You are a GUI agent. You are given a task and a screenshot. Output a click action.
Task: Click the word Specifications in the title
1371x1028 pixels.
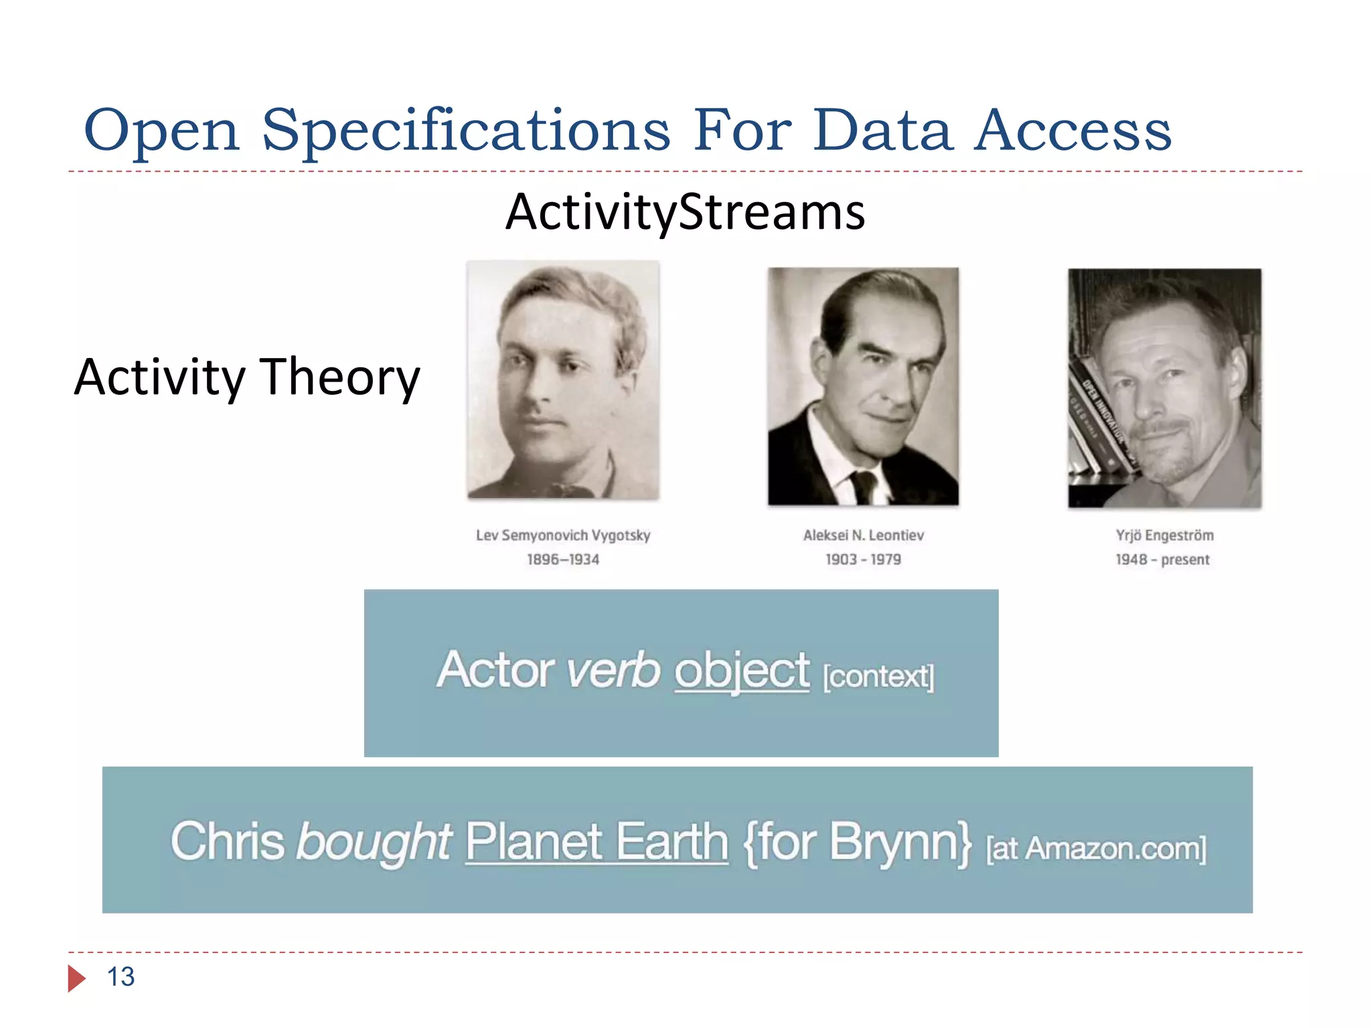(465, 131)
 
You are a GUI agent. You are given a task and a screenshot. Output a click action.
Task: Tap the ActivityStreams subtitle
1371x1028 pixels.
(685, 212)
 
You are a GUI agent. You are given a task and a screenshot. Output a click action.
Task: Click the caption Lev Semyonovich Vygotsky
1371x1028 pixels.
(563, 535)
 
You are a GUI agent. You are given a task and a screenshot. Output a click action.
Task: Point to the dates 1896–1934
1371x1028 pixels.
(563, 560)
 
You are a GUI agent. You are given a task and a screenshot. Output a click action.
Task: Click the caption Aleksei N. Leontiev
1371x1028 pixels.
(863, 535)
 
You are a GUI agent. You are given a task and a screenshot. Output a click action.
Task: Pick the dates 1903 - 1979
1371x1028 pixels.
(863, 560)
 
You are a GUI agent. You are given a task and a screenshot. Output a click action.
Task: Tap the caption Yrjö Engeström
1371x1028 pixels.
(1164, 535)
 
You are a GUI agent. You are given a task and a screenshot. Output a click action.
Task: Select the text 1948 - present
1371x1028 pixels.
(1162, 560)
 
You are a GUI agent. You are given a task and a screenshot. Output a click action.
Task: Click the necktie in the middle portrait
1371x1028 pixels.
(864, 487)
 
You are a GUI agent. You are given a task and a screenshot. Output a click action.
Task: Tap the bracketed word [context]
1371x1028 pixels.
(878, 677)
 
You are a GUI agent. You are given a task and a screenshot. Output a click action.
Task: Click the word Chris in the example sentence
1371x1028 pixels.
(228, 841)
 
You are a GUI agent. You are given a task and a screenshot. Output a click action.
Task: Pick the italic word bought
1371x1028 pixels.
(374, 841)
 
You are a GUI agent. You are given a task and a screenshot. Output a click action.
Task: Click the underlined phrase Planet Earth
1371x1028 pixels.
(596, 841)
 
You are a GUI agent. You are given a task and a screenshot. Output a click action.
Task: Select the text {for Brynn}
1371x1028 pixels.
(858, 841)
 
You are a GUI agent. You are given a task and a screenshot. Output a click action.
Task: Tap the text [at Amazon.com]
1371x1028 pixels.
(1096, 849)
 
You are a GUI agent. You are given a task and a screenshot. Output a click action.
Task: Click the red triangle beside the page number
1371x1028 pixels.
(76, 978)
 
